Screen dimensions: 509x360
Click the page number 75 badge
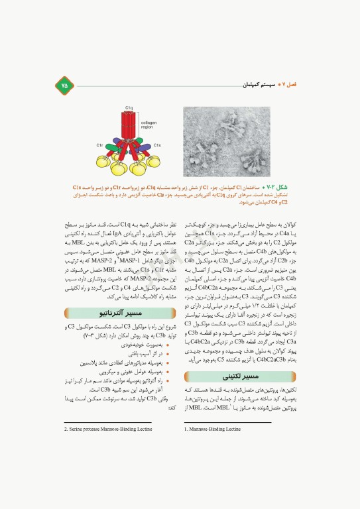click(x=64, y=84)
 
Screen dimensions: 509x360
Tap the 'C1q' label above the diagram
click(x=129, y=108)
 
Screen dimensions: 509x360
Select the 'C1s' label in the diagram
click(x=158, y=144)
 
